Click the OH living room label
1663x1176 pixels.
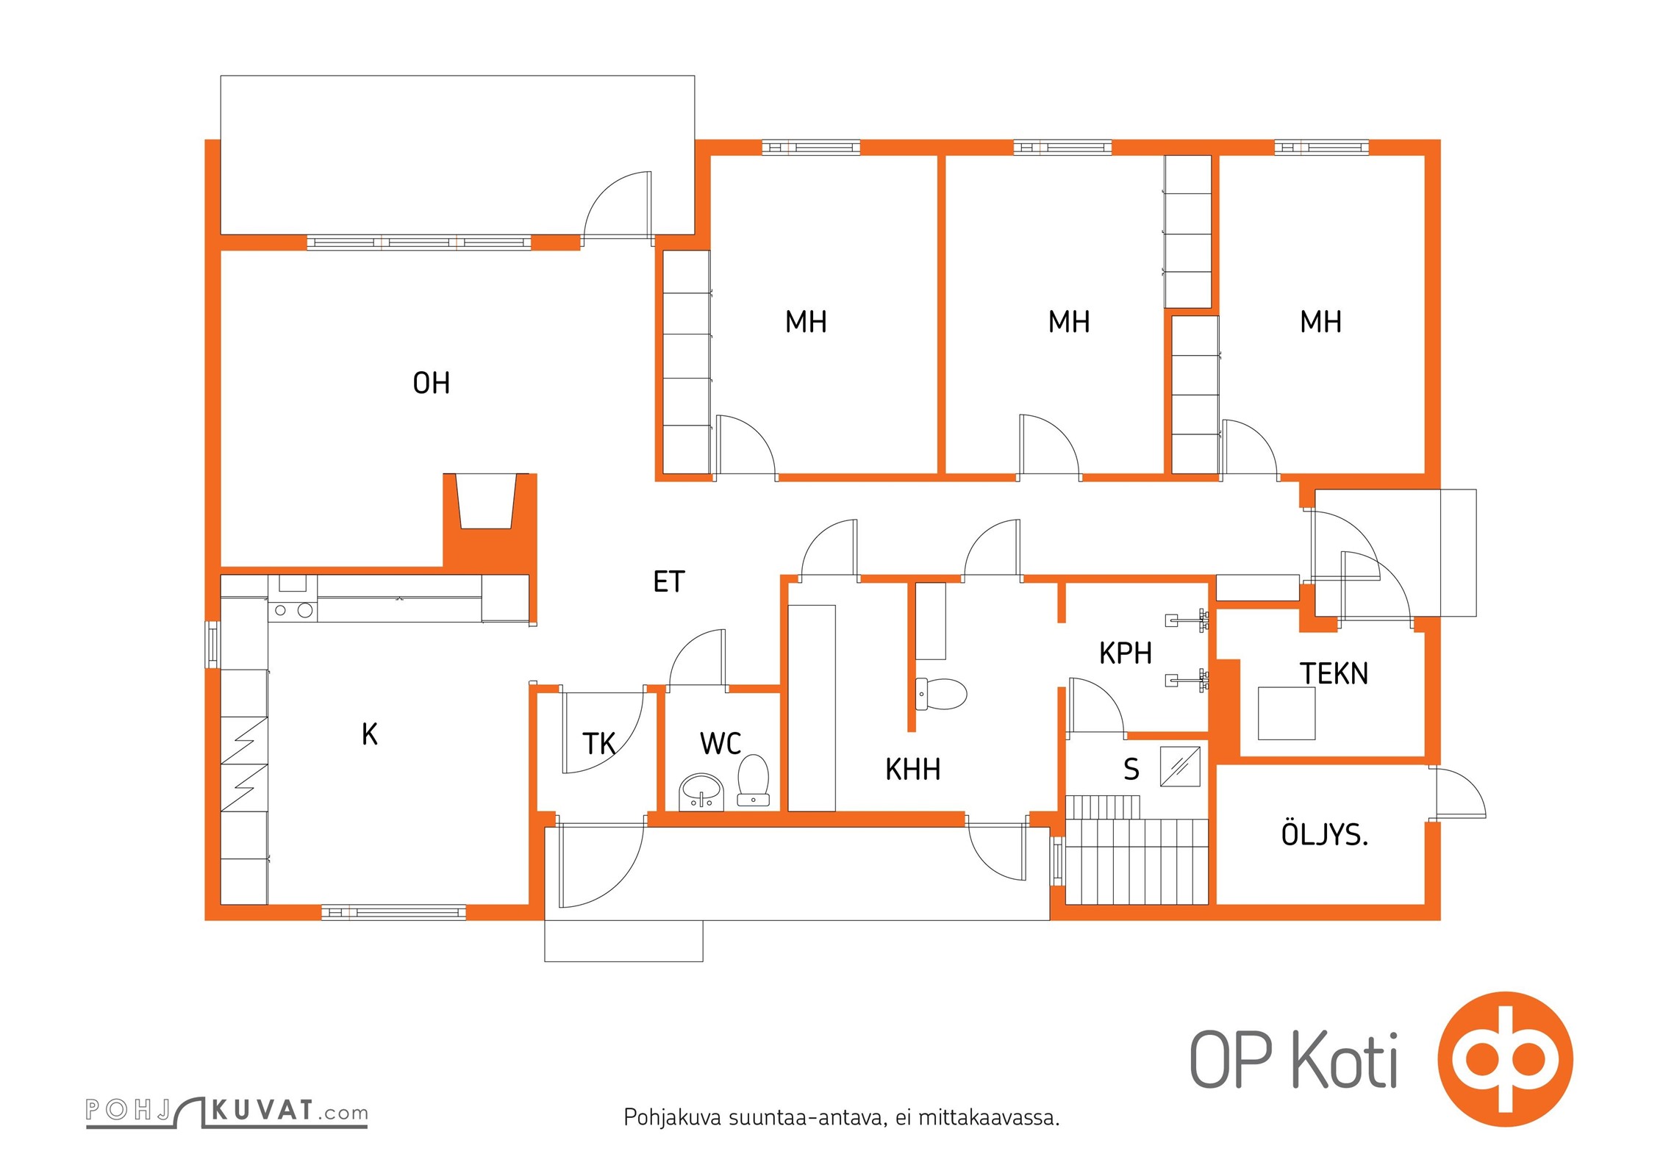click(x=431, y=383)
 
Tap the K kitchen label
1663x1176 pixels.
click(x=370, y=734)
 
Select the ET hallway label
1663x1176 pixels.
click(x=669, y=581)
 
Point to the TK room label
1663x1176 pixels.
click(x=599, y=743)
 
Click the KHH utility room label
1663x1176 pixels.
click(x=912, y=769)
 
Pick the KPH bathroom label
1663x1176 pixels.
click(x=1125, y=653)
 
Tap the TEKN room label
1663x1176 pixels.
click(x=1334, y=673)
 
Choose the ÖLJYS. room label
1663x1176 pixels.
click(x=1325, y=833)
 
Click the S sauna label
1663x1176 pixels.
click(x=1131, y=769)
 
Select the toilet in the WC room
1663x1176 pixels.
click(x=753, y=780)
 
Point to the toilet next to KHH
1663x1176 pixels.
click(x=941, y=694)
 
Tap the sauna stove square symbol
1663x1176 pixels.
click(x=1180, y=767)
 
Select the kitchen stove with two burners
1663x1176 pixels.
click(x=293, y=609)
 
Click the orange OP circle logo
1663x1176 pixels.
click(x=1505, y=1059)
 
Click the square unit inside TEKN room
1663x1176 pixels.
click(x=1287, y=713)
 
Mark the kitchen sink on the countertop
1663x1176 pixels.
click(x=293, y=584)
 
